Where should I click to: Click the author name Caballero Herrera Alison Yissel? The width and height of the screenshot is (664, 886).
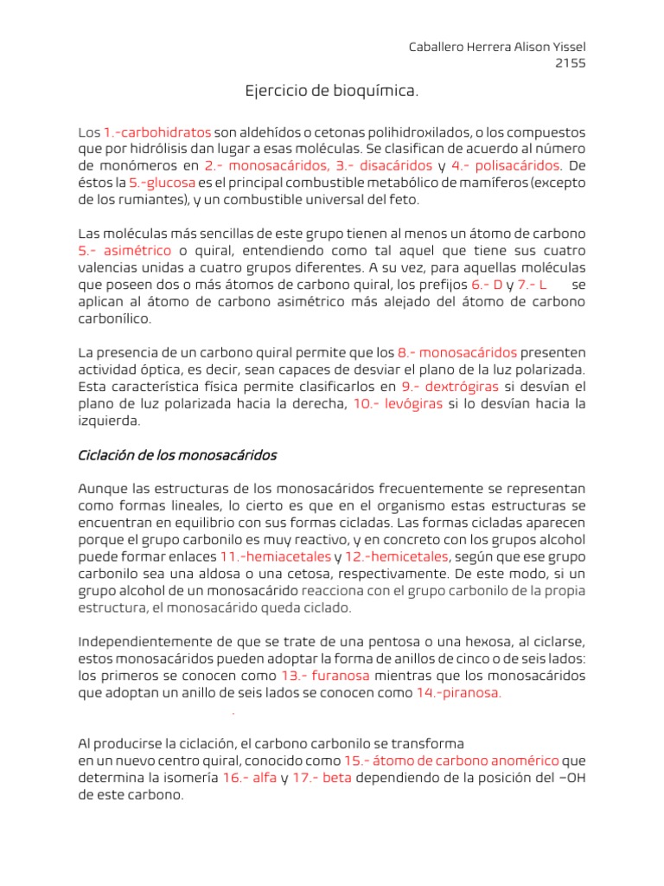[502, 47]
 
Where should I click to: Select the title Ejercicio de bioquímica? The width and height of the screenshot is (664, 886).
[332, 91]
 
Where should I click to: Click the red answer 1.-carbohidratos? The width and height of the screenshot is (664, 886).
[157, 133]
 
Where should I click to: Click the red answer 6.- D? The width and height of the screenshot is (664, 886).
[487, 285]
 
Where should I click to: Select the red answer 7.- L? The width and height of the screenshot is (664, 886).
[533, 285]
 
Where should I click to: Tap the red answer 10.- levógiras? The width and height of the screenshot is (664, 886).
[398, 404]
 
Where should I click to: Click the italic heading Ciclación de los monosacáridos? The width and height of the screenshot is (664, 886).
[177, 455]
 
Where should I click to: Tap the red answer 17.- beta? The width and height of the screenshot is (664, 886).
[316, 778]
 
